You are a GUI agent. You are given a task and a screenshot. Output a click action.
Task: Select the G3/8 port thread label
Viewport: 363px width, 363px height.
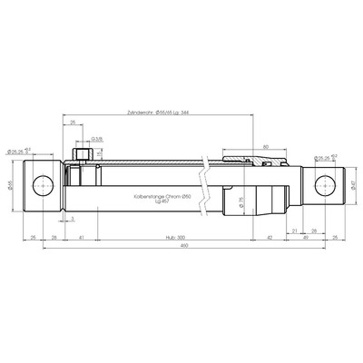(96, 139)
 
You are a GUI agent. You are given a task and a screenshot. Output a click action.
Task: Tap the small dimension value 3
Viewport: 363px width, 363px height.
(72, 219)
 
